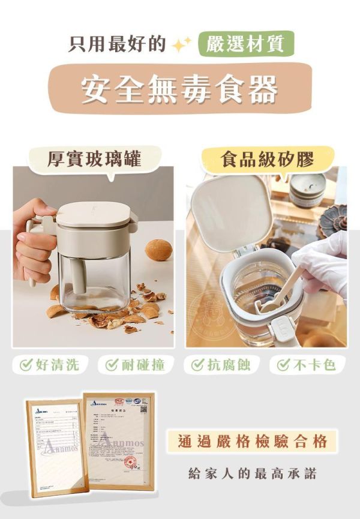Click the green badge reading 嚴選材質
click(x=246, y=44)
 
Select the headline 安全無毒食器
click(x=180, y=89)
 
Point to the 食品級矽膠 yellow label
click(x=268, y=159)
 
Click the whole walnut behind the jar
click(x=158, y=250)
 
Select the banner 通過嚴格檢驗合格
click(x=253, y=442)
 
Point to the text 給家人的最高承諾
click(x=253, y=473)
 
